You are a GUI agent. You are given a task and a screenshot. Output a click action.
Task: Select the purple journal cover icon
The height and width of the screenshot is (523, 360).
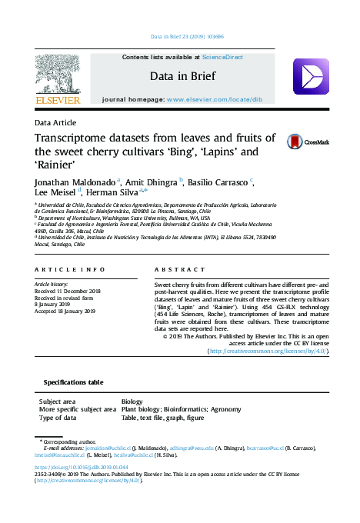coord(311,76)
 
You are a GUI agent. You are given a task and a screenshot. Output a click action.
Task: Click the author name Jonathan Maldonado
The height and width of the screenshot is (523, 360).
coord(75,182)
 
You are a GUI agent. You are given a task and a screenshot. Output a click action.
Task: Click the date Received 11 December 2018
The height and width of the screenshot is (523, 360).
coord(68,291)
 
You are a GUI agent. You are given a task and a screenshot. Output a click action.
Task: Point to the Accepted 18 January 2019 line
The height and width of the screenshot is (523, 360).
coord(65,311)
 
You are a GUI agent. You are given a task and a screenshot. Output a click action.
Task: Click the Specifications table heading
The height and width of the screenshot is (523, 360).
coord(73,381)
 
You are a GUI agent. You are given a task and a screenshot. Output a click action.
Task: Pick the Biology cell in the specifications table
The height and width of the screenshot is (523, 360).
coord(132,401)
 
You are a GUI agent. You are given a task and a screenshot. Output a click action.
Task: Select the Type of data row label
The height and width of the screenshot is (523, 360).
coord(58,417)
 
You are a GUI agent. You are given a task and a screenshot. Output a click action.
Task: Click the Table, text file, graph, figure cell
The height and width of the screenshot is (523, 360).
coord(162,417)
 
